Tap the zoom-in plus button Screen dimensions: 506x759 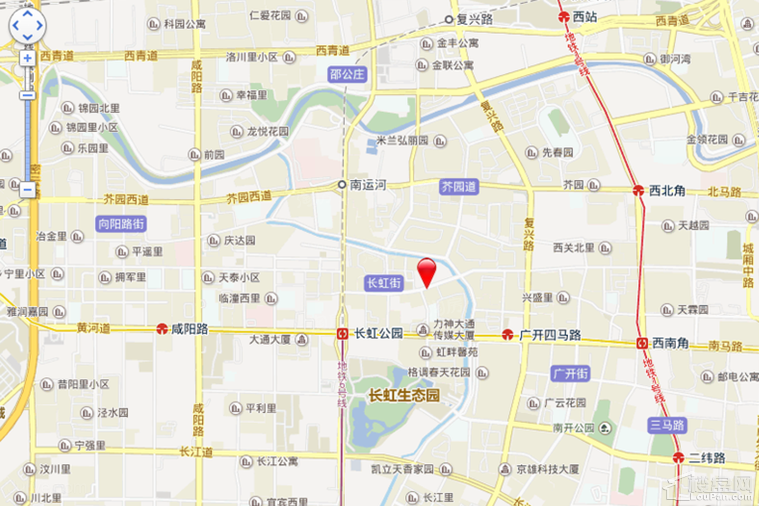coord(27,58)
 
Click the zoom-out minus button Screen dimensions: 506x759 coord(27,189)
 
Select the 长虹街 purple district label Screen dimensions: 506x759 coord(384,283)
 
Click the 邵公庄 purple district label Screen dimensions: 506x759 coord(347,74)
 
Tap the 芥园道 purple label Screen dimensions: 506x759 coord(459,187)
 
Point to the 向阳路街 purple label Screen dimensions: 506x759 coord(121,224)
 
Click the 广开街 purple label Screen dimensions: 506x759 coord(571,374)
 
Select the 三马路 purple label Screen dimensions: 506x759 coord(667,425)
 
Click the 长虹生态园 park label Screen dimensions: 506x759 coord(404,395)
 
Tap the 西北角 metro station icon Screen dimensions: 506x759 coord(638,191)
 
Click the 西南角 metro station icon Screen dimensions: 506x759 coord(641,343)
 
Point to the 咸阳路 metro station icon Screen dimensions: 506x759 coord(162,329)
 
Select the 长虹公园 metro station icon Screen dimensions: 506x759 coord(343,333)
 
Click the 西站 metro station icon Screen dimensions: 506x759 coord(563,17)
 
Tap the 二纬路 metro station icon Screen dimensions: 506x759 coord(678,458)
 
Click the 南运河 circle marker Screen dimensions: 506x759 coord(342,184)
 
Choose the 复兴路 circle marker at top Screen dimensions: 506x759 coord(449,20)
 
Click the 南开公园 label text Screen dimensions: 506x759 coord(573,428)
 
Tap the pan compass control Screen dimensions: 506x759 coord(27,25)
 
